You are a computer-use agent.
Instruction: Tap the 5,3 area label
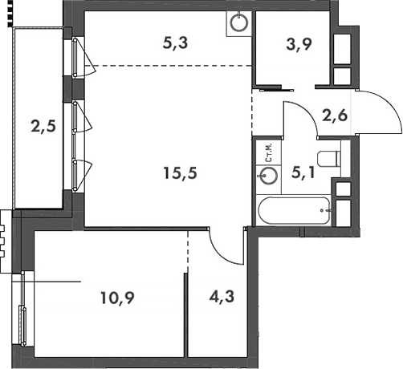point(175,45)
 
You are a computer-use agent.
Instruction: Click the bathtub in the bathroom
point(294,211)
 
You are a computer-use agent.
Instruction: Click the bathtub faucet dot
point(323,210)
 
